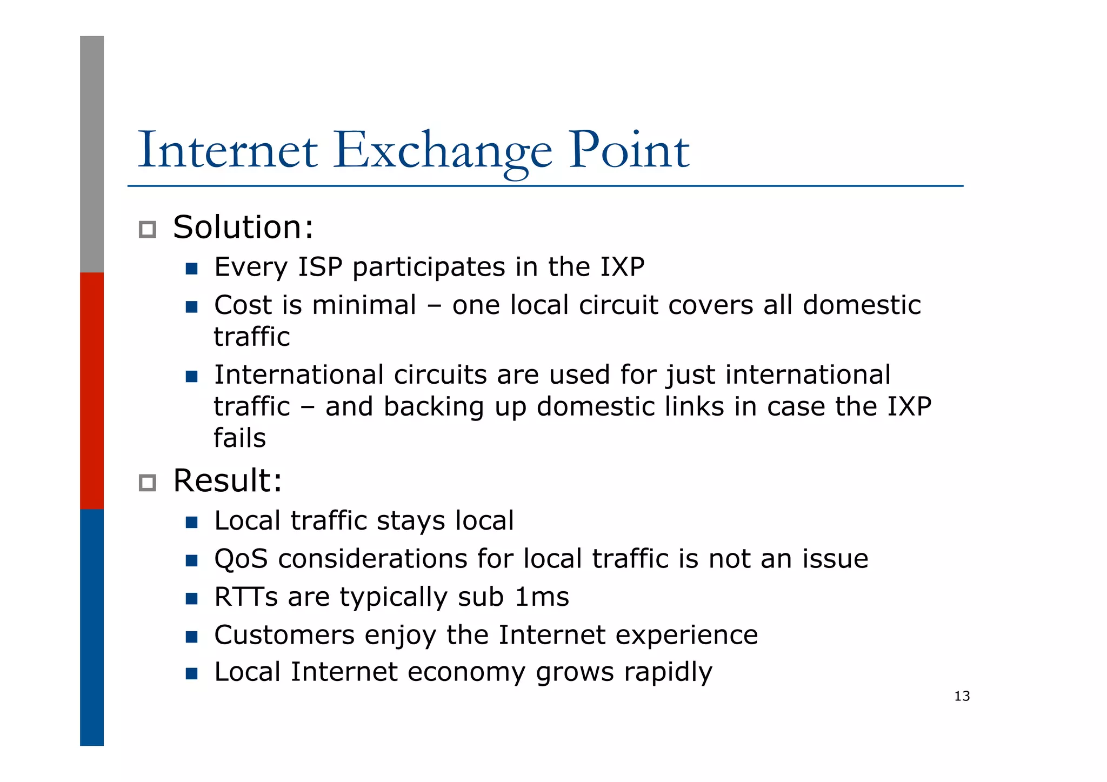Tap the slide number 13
tap(962, 696)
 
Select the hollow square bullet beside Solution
tap(147, 230)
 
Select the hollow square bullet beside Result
tap(147, 483)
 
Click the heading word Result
tap(227, 480)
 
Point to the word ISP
tap(320, 267)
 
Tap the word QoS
tap(241, 559)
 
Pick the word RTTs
tap(246, 597)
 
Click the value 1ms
tap(542, 597)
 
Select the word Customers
tap(284, 635)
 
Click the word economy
tap(466, 673)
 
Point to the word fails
tap(239, 438)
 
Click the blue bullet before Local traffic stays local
tap(191, 522)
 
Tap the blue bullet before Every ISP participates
tap(191, 269)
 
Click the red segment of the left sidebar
tap(92, 390)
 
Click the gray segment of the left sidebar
tap(92, 154)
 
